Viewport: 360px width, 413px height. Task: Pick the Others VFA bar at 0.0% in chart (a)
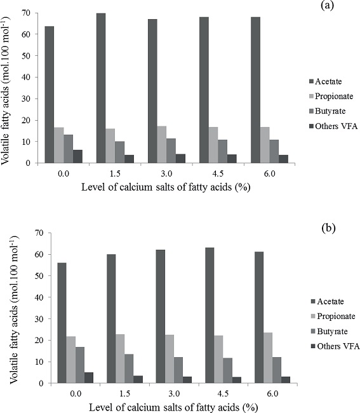pyautogui.click(x=78, y=156)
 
